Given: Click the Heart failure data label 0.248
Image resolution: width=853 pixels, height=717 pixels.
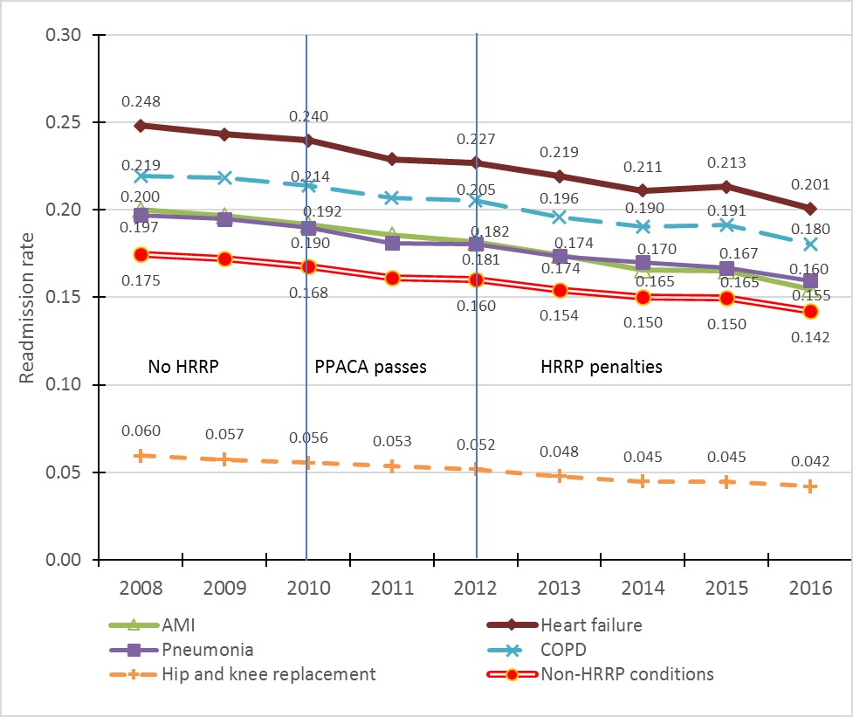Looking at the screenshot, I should click(x=141, y=101).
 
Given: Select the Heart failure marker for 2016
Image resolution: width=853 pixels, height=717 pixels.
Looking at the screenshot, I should click(x=811, y=209).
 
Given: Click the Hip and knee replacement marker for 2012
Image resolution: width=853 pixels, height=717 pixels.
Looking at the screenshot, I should click(x=477, y=469).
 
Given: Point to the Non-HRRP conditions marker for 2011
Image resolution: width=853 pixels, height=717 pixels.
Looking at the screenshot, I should click(x=392, y=278).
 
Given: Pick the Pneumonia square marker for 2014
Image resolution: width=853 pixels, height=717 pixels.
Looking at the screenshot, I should click(x=643, y=262).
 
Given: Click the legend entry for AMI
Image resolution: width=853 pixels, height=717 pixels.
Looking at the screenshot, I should click(x=162, y=624).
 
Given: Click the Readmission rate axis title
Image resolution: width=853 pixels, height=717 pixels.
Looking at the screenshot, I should click(x=29, y=297).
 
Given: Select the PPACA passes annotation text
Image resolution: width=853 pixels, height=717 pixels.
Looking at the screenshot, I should click(x=370, y=367).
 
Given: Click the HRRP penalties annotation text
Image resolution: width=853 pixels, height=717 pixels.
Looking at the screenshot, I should click(x=602, y=367).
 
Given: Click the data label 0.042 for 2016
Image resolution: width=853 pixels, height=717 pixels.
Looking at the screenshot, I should click(x=810, y=461).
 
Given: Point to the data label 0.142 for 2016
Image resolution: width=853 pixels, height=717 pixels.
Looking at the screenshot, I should click(x=810, y=336).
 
